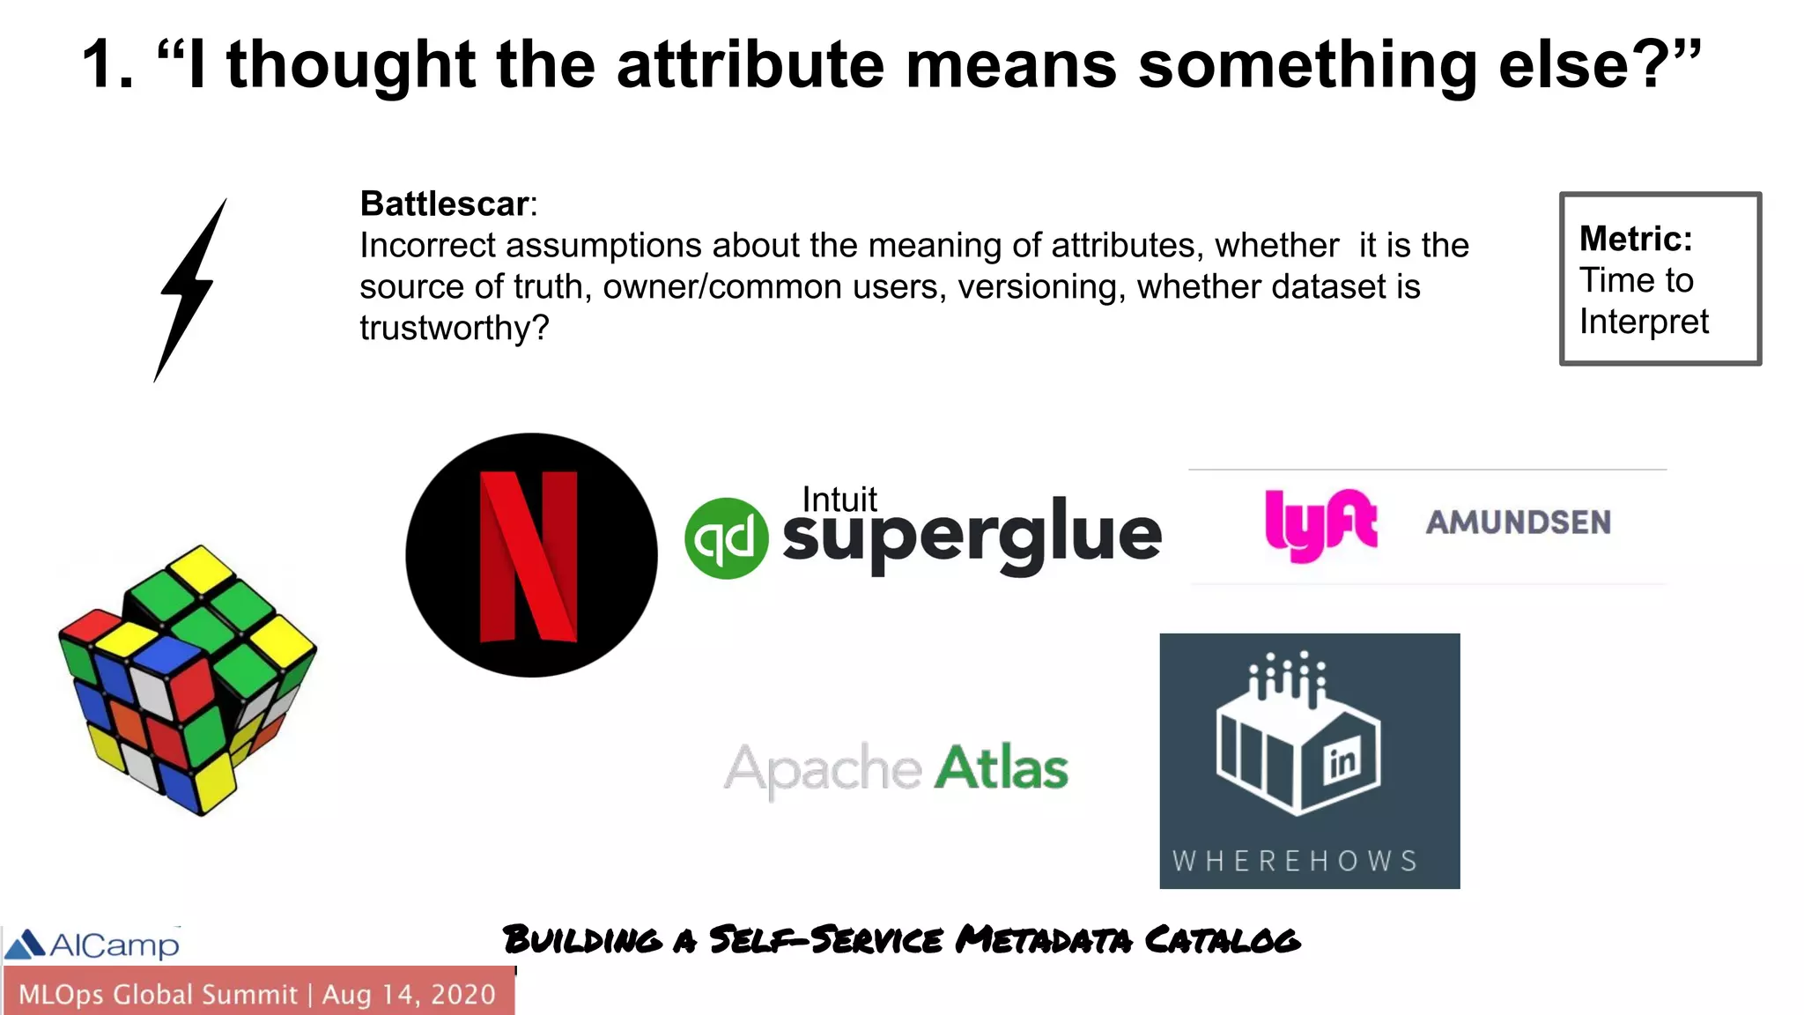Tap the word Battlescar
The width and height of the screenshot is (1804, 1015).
coord(444,204)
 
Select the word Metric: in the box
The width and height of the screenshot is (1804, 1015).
coord(1636,239)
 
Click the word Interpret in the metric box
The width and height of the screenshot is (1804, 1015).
coord(1644,322)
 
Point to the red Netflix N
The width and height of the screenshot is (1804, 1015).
coord(529,556)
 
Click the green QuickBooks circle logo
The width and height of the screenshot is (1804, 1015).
coord(726,538)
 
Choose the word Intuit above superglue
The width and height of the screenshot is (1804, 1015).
coord(839,500)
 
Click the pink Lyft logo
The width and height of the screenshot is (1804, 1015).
coord(1320,523)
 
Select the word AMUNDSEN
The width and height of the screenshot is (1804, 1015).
coord(1519,522)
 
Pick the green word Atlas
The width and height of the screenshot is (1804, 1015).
coord(1001,768)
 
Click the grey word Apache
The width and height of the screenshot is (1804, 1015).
coord(823,770)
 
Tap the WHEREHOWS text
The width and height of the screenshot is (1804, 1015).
coord(1295,861)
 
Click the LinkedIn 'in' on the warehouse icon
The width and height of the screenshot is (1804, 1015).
coord(1342,761)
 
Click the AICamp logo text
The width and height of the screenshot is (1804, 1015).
coord(114,945)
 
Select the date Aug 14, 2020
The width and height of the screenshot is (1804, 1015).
coord(409,995)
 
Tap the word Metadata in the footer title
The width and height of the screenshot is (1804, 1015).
coord(1044,940)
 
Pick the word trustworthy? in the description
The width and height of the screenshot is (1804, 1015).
coord(454,328)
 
